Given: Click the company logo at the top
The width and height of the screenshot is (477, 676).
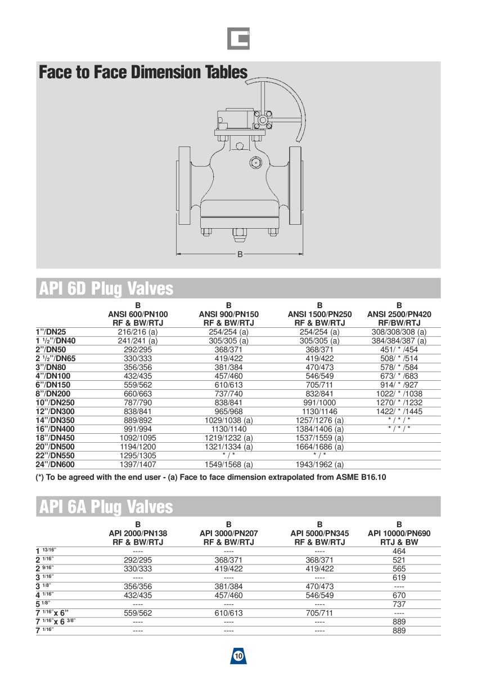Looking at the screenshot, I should coord(238,38).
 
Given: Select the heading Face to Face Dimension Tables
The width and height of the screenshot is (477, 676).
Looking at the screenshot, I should coord(143,73).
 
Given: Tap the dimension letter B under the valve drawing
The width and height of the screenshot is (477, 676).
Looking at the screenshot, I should coord(240,255).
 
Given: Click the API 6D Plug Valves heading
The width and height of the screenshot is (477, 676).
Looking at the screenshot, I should coord(106,288).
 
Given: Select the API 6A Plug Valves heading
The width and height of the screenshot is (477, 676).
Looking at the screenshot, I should coord(106,506).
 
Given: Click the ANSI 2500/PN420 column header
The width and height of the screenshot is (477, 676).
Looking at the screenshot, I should coord(399,314).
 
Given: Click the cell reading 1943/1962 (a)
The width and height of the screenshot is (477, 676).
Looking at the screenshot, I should coord(319,465).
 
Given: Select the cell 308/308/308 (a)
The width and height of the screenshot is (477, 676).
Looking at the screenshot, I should coord(399,332).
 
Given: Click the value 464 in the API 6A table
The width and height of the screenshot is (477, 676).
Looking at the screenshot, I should coord(399,551).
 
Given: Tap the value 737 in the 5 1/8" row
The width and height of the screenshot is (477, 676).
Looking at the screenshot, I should coord(399,604).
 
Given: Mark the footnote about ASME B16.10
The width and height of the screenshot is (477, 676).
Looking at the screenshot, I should coord(211,478).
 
